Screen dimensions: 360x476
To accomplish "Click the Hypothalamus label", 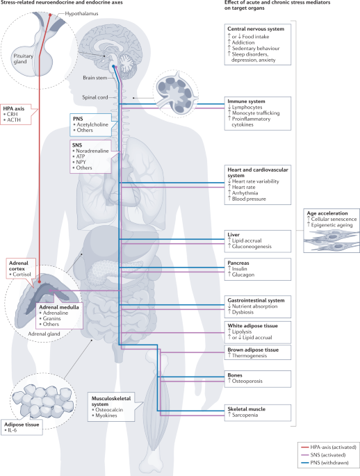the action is (x=81, y=14).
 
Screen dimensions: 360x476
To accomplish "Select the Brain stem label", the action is (x=95, y=78).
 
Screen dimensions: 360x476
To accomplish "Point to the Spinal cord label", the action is (x=95, y=97).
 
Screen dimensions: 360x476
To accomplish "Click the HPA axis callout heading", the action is (x=14, y=108).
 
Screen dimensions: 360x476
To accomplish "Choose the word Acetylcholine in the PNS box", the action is (x=92, y=124).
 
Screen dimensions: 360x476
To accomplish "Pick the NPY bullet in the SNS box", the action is (x=81, y=162).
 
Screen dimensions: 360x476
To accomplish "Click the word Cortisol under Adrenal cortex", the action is (x=22, y=274).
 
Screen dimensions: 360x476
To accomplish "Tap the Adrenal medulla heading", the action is (x=59, y=307).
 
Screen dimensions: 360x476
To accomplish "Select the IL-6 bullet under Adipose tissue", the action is (x=13, y=430).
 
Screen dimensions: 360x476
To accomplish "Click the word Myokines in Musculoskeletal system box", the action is (x=106, y=416).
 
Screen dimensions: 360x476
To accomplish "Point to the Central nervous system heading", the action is (x=256, y=29).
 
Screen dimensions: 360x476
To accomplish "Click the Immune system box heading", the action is (x=246, y=101).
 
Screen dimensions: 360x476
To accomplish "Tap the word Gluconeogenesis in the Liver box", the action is (x=252, y=247).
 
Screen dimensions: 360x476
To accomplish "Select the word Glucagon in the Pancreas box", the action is (x=243, y=274).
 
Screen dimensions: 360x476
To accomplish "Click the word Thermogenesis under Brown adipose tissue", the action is (x=249, y=356).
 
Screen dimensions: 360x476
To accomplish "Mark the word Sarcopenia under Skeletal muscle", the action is (x=245, y=415).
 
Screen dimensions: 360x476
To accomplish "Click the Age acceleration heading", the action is (x=327, y=213).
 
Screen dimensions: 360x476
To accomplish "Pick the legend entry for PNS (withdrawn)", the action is (x=329, y=463).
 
